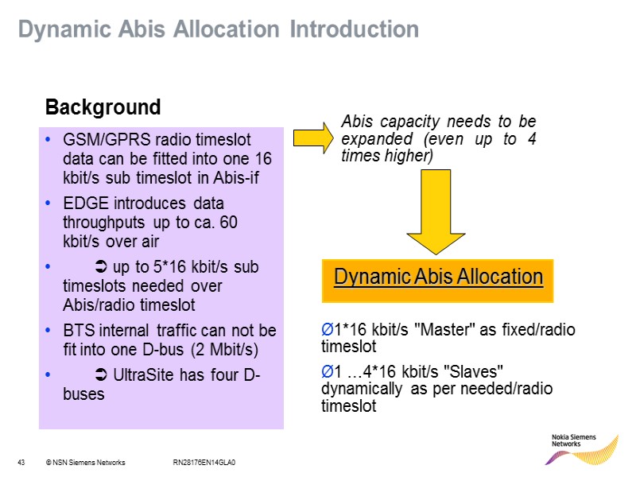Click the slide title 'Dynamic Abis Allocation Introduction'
coord(219,29)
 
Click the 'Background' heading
coord(103,107)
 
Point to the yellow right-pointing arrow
coord(314,137)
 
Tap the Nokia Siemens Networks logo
coord(584,448)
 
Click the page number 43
coord(21,463)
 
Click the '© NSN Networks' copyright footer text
coord(85,463)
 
